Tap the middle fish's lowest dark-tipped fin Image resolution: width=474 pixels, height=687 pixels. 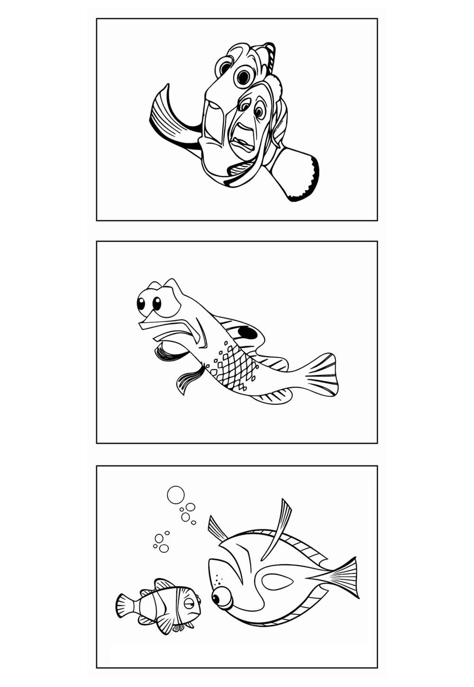click(x=187, y=382)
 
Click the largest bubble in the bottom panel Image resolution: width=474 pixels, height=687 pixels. click(x=175, y=495)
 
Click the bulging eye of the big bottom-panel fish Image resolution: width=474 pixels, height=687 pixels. click(x=220, y=598)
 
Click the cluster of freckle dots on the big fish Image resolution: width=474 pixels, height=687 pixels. click(x=218, y=579)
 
